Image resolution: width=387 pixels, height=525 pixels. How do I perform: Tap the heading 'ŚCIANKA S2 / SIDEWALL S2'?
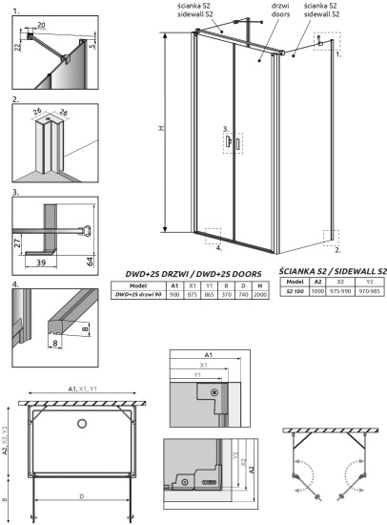(x=330, y=271)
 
